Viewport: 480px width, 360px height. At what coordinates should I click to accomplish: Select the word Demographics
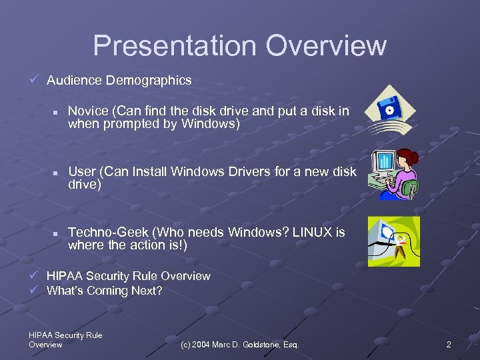click(148, 80)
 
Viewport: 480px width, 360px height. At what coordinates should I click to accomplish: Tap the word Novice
click(89, 111)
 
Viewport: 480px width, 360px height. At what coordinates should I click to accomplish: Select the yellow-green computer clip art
click(394, 241)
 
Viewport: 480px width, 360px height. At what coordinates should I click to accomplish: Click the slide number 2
click(449, 345)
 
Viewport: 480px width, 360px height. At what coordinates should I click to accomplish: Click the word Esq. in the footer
click(290, 345)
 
